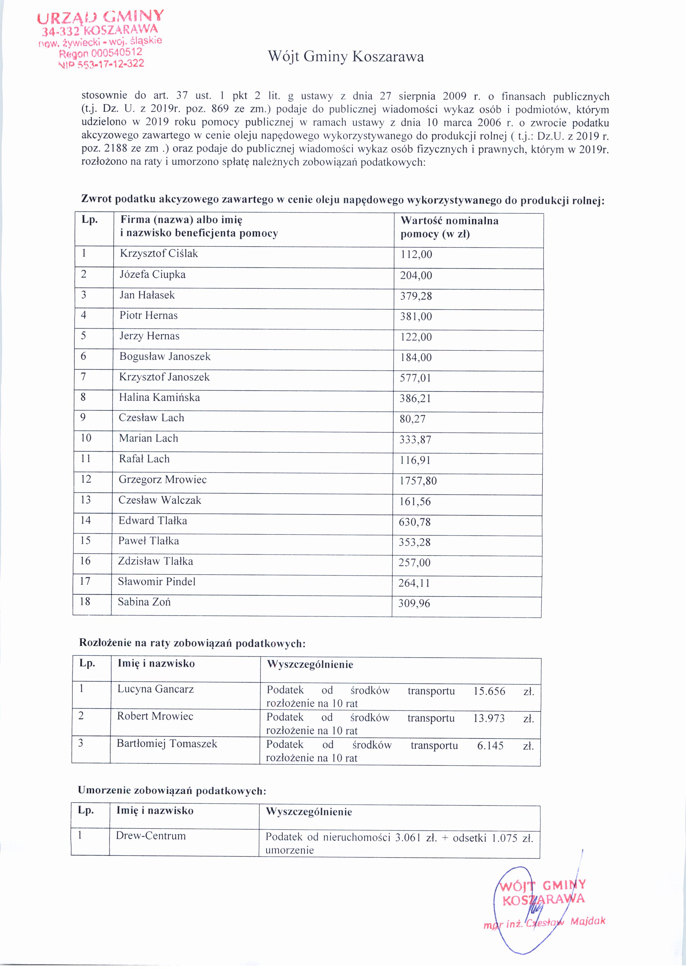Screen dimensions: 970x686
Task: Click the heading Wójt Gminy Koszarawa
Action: [345, 57]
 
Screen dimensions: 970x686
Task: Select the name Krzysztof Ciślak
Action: [159, 253]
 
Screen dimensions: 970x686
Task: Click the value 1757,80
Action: [418, 481]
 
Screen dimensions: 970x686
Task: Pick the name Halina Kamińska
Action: [159, 397]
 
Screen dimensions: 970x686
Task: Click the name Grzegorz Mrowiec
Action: [163, 480]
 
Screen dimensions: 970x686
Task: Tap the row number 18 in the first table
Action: [85, 601]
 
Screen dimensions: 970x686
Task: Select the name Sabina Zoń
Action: [144, 602]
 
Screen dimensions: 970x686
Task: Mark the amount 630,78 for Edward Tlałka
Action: [414, 522]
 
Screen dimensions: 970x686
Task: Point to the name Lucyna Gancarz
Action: [155, 689]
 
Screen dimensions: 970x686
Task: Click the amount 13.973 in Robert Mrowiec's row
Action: [489, 718]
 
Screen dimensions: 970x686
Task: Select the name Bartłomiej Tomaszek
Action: [167, 743]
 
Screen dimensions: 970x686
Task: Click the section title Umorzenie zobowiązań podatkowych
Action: [172, 790]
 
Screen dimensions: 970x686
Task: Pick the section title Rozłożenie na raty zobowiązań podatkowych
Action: [192, 643]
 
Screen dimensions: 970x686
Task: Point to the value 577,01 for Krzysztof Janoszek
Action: [415, 378]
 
